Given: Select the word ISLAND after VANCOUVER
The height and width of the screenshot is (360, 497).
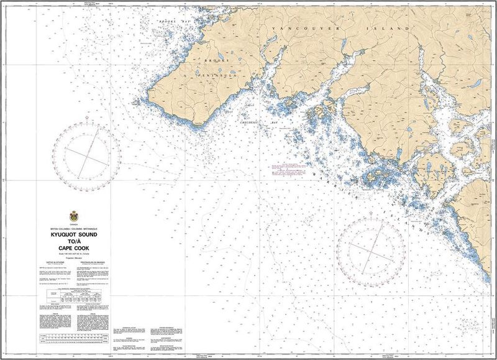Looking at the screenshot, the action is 393,29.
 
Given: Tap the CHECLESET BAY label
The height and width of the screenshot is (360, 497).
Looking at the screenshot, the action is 258,122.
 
